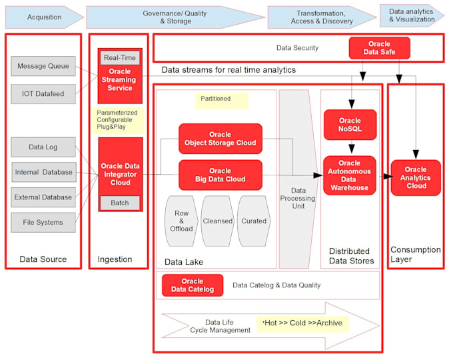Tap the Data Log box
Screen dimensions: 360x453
(x=43, y=147)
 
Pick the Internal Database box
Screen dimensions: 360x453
(x=43, y=172)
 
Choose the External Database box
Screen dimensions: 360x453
(x=43, y=197)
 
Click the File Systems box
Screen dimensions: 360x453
(x=43, y=222)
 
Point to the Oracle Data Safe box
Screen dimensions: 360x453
(x=379, y=48)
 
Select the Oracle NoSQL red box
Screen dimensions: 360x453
(x=350, y=123)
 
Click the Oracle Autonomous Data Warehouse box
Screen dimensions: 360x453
(x=350, y=175)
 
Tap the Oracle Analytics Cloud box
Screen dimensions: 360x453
(x=416, y=178)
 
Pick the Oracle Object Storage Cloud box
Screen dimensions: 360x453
(x=220, y=138)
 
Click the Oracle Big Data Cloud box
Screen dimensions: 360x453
(x=220, y=175)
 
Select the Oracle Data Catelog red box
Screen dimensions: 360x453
(x=192, y=285)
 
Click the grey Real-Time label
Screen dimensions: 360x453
(x=120, y=58)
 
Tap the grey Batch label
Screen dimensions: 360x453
(x=120, y=203)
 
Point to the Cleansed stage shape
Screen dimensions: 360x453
(x=218, y=221)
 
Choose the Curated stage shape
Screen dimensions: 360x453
(x=254, y=221)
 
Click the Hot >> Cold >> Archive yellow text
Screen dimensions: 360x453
(x=302, y=323)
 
